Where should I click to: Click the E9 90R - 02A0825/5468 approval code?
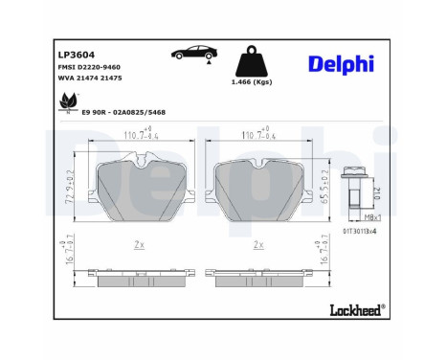pos(123,113)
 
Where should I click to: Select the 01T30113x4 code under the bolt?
pos(360,231)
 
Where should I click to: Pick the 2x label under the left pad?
pos(139,245)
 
